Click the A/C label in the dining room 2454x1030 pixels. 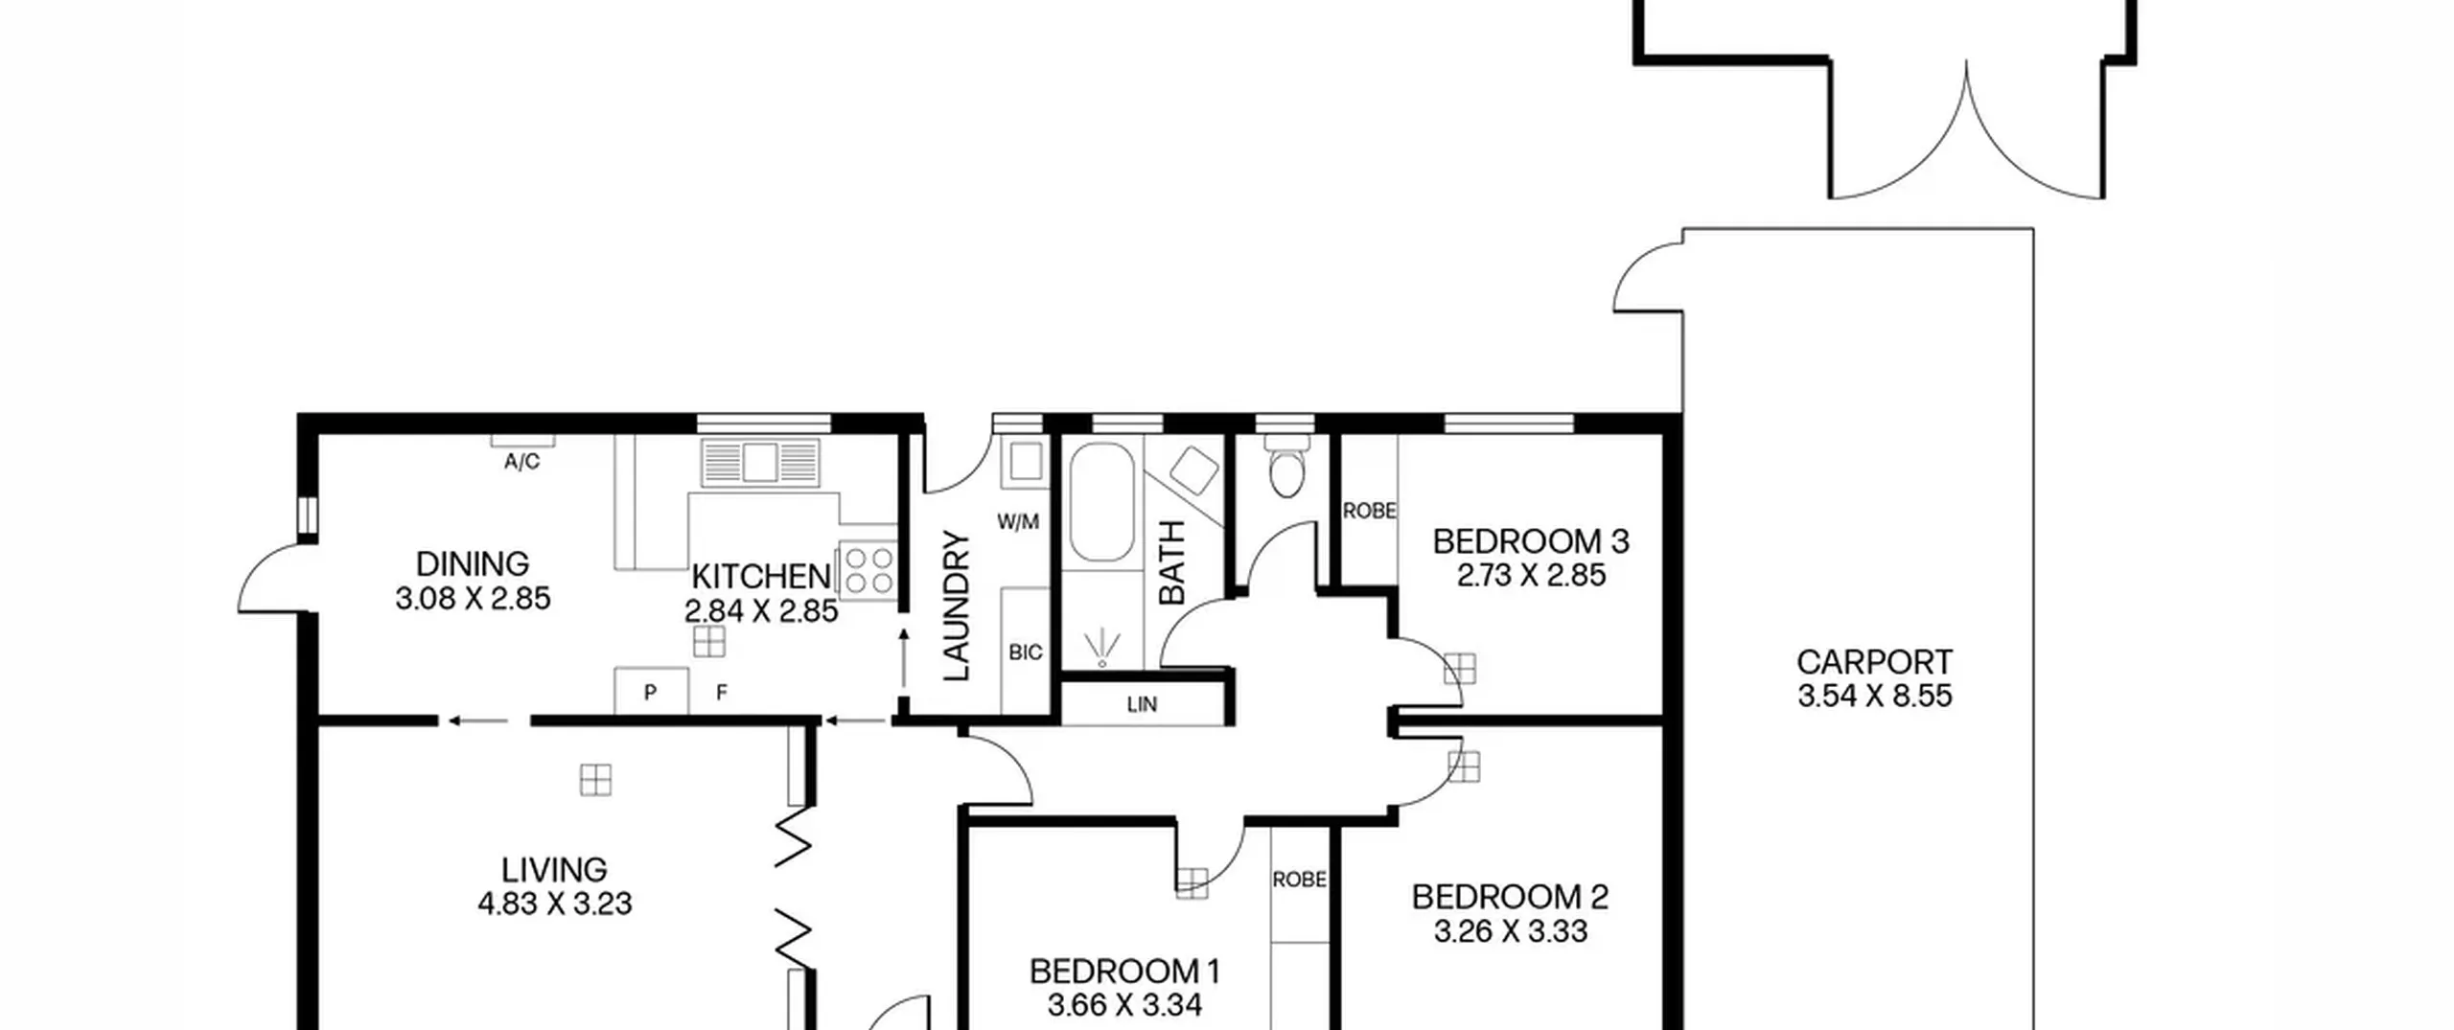pos(521,462)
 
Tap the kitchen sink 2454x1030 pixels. pos(761,463)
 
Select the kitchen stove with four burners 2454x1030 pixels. pos(868,571)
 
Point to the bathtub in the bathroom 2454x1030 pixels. pos(1101,502)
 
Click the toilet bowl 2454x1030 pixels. pos(1286,467)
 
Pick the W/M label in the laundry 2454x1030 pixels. pos(1018,522)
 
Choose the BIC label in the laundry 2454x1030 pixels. pos(1025,652)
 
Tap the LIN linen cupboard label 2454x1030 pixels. pos(1142,704)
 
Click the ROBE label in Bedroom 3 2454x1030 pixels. pos(1369,512)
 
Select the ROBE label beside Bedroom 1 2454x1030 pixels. pos(1300,879)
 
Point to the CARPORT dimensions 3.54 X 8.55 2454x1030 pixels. pos(1875,696)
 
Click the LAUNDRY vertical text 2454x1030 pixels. pos(958,606)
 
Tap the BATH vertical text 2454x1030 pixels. pos(1172,562)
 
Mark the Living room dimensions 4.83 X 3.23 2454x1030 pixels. pos(555,904)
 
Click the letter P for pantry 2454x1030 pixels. pos(650,692)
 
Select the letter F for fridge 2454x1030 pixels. pos(722,692)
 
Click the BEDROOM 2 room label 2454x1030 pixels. pos(1510,897)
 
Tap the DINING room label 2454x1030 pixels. pos(473,563)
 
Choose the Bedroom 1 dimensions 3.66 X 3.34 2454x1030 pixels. pos(1124,1005)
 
